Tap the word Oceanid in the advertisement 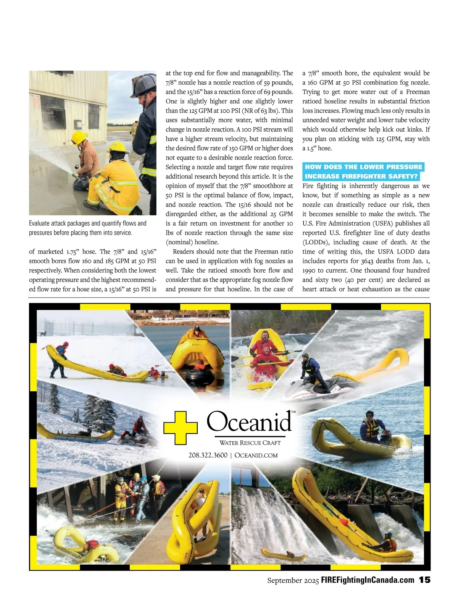[249, 421]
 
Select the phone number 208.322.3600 [208, 455]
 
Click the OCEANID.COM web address [256, 455]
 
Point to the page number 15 [424, 580]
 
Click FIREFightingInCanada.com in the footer [368, 580]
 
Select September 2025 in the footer [293, 580]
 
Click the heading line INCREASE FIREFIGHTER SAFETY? [361, 176]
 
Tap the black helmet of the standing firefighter [144, 85]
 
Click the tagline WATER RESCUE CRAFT [250, 443]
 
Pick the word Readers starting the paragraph [185, 252]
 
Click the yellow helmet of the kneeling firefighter [117, 147]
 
